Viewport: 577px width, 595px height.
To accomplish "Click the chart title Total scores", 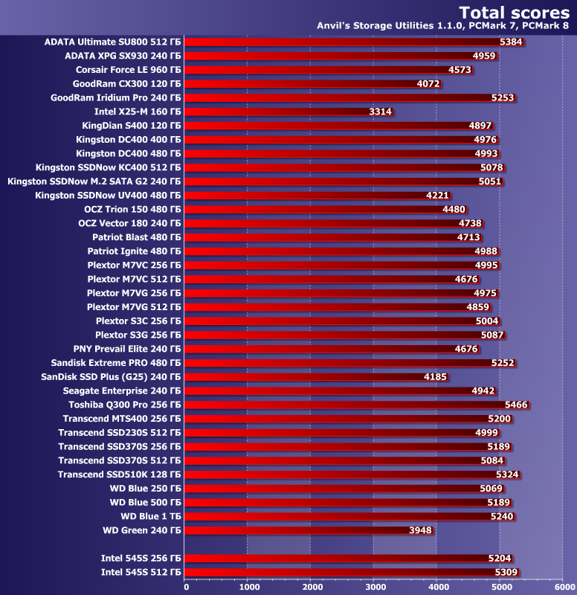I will tap(514, 13).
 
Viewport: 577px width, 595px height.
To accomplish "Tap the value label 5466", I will tap(516, 405).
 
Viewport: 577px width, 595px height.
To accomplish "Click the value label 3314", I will tap(381, 112).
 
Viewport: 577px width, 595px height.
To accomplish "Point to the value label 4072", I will tap(428, 84).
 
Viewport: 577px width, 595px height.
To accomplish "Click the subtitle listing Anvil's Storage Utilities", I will tap(442, 27).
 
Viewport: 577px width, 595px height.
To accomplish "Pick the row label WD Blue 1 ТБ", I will tap(151, 516).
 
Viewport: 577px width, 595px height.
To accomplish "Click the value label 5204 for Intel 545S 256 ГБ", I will tap(500, 559).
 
